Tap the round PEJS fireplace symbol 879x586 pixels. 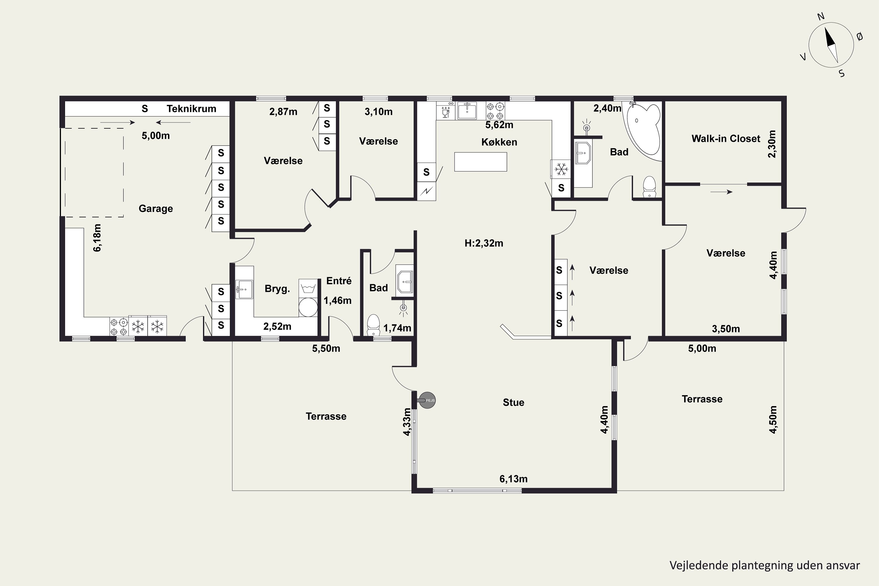pos(427,400)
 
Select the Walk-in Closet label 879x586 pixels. pos(726,139)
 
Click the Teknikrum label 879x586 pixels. pos(191,109)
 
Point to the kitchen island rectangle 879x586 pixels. pos(481,162)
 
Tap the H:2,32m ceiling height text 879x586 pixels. pos(484,243)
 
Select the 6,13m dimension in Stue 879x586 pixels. pos(514,479)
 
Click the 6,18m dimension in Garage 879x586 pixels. pos(97,238)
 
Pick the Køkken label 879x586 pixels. pos(499,142)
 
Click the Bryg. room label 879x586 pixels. pos(277,289)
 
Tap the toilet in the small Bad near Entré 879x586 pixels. pos(373,325)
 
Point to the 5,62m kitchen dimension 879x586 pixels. pos(499,125)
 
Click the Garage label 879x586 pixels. pos(156,209)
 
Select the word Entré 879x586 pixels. pos(339,281)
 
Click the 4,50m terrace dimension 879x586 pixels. pos(773,419)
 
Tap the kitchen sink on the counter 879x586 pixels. pos(467,110)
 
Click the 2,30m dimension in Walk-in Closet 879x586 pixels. pos(772,144)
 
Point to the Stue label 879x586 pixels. pos(514,403)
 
